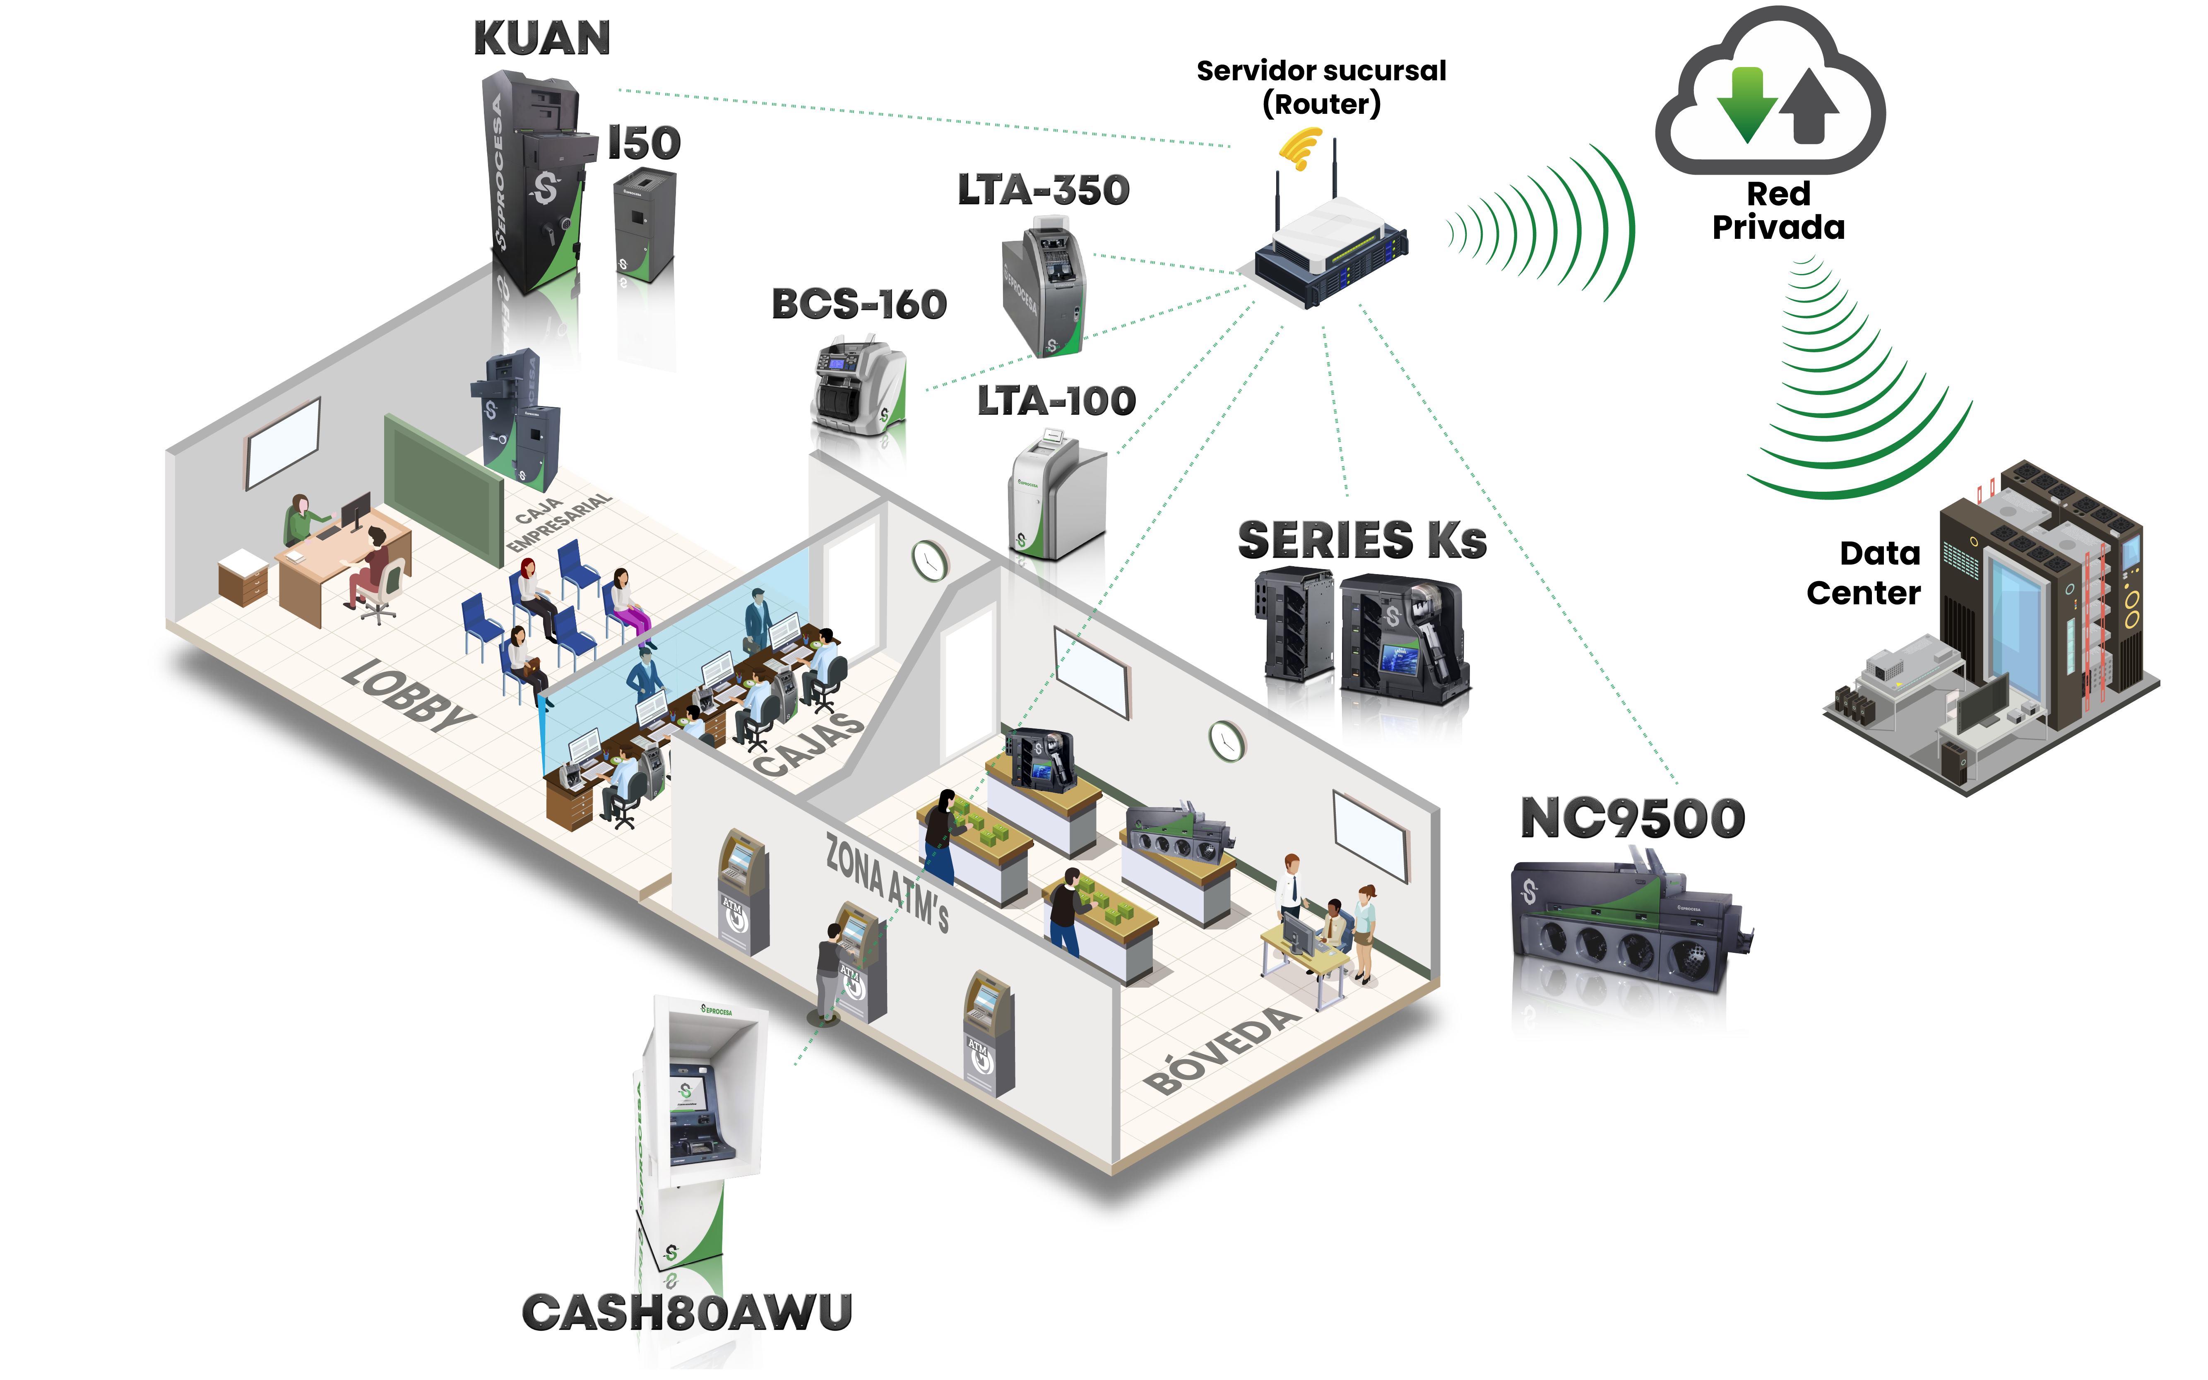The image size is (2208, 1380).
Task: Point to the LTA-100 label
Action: pos(1056,401)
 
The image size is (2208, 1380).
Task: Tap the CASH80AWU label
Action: pos(686,1313)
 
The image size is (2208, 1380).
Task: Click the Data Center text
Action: pos(1865,573)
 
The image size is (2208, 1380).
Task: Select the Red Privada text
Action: pos(1778,211)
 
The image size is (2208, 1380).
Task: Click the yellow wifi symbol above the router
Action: pos(1301,148)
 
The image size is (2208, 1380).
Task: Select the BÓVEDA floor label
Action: pos(1223,1050)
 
